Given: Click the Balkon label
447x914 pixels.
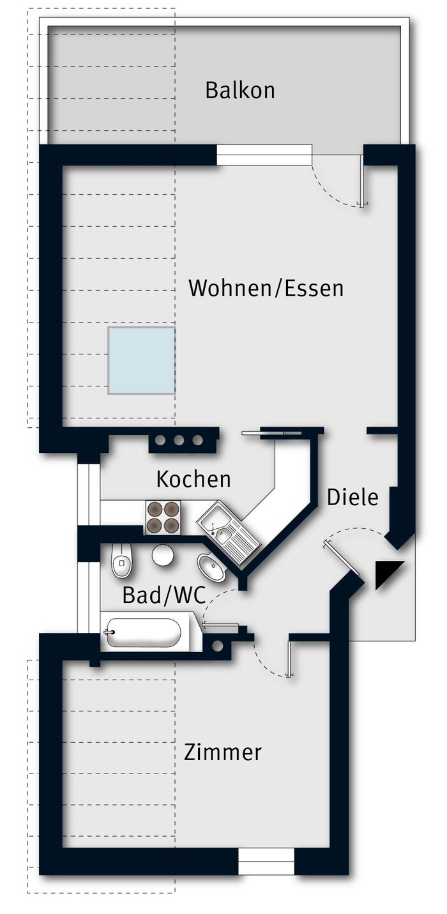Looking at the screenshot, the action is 240,90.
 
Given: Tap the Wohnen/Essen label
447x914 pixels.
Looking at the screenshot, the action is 266,288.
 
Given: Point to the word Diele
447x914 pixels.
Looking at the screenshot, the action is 352,497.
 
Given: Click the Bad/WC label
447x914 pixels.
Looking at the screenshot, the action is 164,595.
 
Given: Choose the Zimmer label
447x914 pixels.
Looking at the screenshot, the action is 223,752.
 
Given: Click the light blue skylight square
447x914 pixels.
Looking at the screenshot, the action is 142,361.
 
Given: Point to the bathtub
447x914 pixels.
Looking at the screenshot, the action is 143,632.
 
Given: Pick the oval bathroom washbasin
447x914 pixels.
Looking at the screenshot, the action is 211,567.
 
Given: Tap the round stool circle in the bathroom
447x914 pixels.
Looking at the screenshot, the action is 163,555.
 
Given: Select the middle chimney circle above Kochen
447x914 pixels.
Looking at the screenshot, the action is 179,440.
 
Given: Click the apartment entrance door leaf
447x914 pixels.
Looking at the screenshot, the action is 342,558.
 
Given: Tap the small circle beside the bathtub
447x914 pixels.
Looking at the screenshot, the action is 217,646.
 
